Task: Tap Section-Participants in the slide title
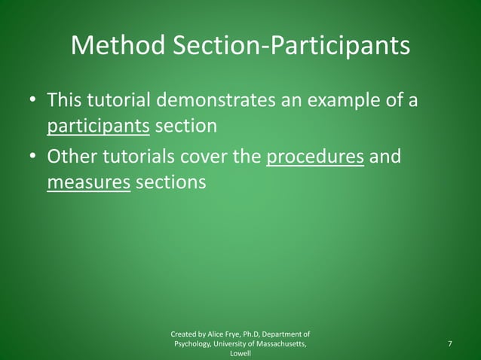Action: (292, 46)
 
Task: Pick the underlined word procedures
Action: (316, 158)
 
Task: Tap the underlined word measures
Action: (89, 183)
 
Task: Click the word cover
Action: (210, 158)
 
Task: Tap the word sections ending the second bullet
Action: (171, 183)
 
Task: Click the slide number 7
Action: (450, 344)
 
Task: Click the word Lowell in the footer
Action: (240, 354)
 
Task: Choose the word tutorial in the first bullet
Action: (122, 99)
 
